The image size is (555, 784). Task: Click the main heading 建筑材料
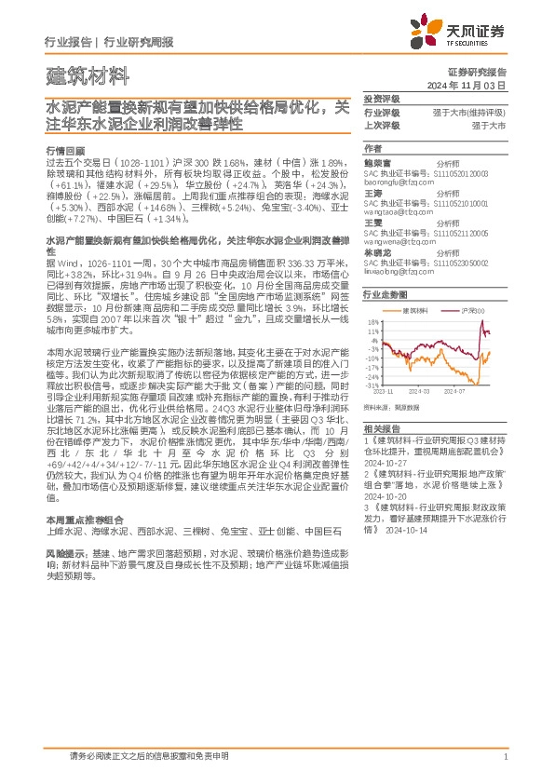(77, 75)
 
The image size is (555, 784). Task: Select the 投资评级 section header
(382, 99)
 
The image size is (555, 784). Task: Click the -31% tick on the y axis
(372, 385)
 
